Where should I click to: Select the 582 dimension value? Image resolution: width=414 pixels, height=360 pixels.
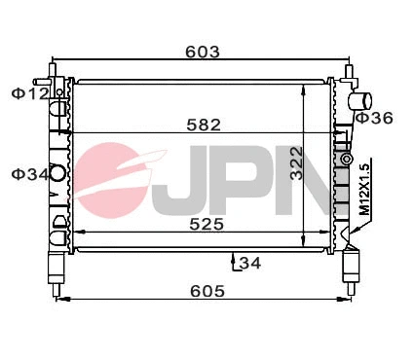click(x=206, y=124)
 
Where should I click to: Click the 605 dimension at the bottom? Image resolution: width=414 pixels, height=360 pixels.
click(x=207, y=290)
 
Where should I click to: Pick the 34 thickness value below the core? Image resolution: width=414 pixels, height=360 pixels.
click(x=248, y=262)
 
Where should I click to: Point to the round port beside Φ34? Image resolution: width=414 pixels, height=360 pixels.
click(x=57, y=175)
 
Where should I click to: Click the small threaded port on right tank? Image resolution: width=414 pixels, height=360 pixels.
click(x=345, y=159)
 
